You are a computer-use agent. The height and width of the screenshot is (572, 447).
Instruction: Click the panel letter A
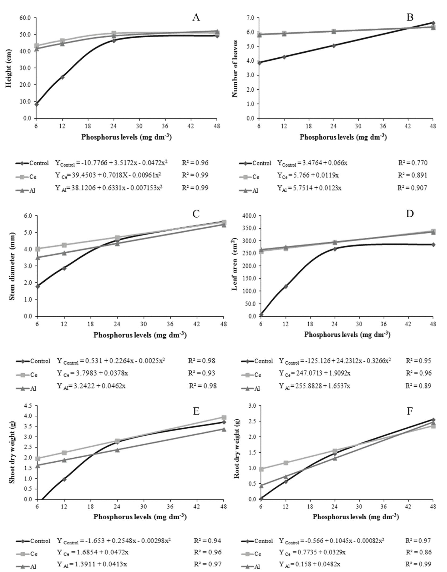tap(196, 18)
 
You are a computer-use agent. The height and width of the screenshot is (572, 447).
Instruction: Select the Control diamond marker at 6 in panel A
tap(36, 104)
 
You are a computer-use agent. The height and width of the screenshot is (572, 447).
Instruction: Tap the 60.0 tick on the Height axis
tap(25, 18)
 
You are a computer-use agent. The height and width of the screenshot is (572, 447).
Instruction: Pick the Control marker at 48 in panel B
tap(433, 23)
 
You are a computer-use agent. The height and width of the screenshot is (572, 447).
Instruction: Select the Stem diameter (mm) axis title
tap(12, 266)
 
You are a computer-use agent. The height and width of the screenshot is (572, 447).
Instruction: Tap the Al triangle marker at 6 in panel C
tap(38, 257)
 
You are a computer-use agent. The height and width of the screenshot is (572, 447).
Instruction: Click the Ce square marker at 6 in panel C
tap(38, 249)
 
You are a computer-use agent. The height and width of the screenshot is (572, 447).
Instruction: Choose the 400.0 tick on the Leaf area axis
tap(249, 216)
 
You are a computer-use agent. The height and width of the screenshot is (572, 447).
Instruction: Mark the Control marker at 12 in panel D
tap(286, 286)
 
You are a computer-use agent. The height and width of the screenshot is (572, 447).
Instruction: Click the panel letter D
tap(410, 214)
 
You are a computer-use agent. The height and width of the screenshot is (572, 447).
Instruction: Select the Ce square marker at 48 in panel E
tap(224, 417)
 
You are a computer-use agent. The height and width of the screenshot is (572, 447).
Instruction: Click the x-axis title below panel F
tap(355, 517)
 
